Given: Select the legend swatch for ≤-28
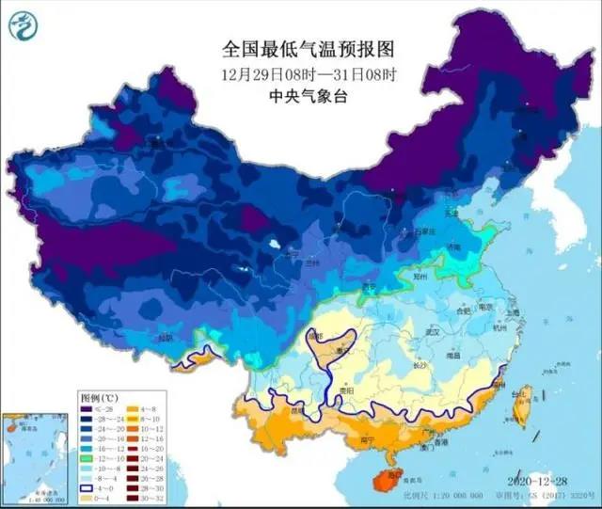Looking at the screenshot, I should click(x=86, y=408).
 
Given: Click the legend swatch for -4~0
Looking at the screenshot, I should click(x=86, y=489).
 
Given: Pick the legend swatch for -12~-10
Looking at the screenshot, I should click(x=86, y=459).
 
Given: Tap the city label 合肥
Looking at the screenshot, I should click(x=462, y=308).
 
